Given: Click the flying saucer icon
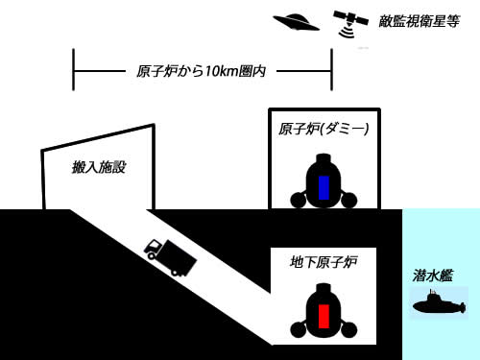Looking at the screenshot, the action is (x=296, y=22).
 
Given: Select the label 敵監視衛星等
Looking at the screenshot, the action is (x=419, y=21).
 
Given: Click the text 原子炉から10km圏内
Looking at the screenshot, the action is (x=201, y=71).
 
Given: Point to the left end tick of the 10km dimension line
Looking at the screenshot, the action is (x=73, y=70).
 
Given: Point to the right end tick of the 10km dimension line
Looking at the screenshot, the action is (x=331, y=70).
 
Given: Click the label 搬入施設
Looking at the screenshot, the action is (x=99, y=167).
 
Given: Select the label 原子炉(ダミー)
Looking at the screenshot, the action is (x=324, y=129).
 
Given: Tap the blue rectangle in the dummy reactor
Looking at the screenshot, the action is (x=324, y=187).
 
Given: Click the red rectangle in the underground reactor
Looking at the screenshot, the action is (x=324, y=316).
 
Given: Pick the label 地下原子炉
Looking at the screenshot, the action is (x=324, y=262).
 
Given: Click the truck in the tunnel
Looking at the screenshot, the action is (x=170, y=257).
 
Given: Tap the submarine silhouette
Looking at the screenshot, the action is (x=439, y=303).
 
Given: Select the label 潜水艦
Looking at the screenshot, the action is (x=433, y=276).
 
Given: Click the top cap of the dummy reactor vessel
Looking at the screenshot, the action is (x=324, y=158).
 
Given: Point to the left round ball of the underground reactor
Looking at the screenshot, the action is (x=299, y=329).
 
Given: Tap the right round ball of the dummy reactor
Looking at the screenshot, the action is (x=348, y=200).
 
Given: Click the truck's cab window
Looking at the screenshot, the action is (x=155, y=246).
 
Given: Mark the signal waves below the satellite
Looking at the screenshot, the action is (x=347, y=33).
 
